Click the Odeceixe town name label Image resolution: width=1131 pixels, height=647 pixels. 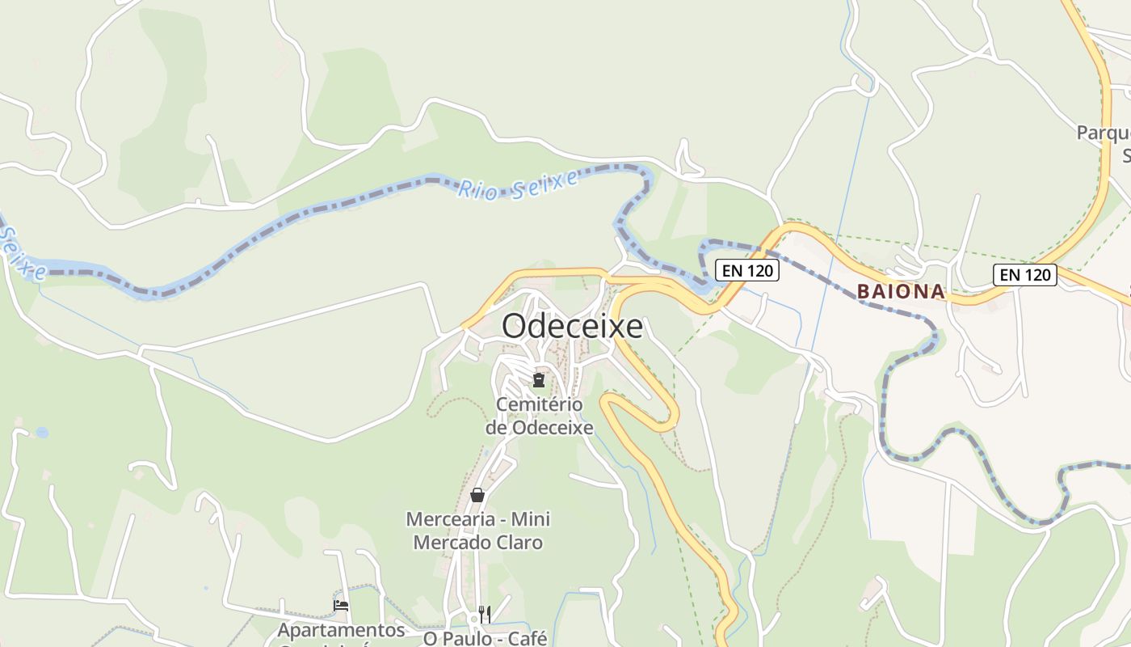click(x=572, y=326)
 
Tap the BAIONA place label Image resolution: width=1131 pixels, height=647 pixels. click(x=901, y=291)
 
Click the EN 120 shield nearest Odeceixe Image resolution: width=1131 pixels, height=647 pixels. click(x=747, y=270)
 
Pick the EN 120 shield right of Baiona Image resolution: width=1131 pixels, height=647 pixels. click(x=1025, y=274)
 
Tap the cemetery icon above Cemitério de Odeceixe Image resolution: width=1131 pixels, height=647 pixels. click(x=539, y=379)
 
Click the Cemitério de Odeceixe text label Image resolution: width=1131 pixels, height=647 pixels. click(x=539, y=416)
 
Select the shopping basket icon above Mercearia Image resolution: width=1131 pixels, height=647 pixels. click(x=477, y=494)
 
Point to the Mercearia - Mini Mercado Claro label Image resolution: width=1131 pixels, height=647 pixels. click(x=478, y=531)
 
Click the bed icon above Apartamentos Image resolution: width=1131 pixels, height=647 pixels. click(x=341, y=605)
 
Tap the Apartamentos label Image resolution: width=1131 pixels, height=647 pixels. click(x=342, y=630)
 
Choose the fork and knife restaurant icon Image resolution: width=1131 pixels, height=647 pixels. click(x=484, y=614)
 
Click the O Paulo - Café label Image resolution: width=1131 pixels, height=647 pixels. click(x=486, y=638)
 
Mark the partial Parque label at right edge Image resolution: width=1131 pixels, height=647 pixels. click(x=1104, y=133)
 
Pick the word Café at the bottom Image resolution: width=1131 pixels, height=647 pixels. click(x=525, y=638)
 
